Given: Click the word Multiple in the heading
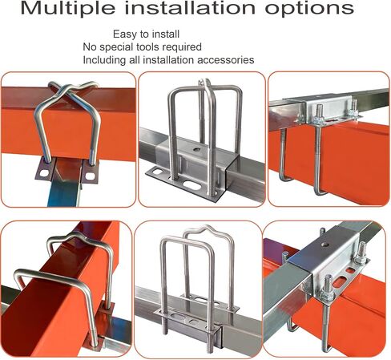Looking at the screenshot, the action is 69,8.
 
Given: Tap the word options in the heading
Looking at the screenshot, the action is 309,9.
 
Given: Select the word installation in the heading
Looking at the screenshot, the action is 191,7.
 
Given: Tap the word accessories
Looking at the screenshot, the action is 226,60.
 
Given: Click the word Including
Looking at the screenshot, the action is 104,60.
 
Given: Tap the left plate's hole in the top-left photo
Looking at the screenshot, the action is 44,173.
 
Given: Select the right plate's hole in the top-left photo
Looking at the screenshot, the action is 90,176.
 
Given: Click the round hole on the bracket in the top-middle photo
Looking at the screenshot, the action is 198,149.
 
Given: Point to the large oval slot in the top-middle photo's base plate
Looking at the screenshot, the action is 192,185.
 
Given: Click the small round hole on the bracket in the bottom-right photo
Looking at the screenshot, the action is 325,245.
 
